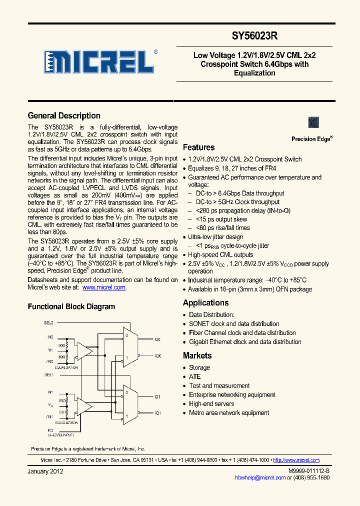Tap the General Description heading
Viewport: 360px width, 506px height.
pyautogui.click(x=64, y=116)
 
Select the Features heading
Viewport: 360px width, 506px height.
pyautogui.click(x=198, y=147)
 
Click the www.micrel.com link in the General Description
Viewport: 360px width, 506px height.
pyautogui.click(x=103, y=287)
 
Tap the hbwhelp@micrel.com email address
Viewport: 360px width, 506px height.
pyautogui.click(x=260, y=477)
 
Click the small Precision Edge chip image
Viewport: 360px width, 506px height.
pyautogui.click(x=314, y=122)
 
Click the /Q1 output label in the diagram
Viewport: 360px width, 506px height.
pyautogui.click(x=157, y=413)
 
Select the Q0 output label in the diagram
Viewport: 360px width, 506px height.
pyautogui.click(x=157, y=339)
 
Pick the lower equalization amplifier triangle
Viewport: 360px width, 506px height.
pyautogui.click(x=85, y=405)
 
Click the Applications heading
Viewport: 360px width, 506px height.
pyautogui.click(x=205, y=303)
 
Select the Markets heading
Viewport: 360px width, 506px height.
pyautogui.click(x=197, y=356)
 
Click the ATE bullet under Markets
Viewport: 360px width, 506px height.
pyautogui.click(x=194, y=377)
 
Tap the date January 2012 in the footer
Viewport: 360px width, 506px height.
pyautogui.click(x=45, y=471)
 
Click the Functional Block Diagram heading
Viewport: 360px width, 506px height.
pyautogui.click(x=71, y=307)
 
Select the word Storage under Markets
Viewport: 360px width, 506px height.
pyautogui.click(x=199, y=368)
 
